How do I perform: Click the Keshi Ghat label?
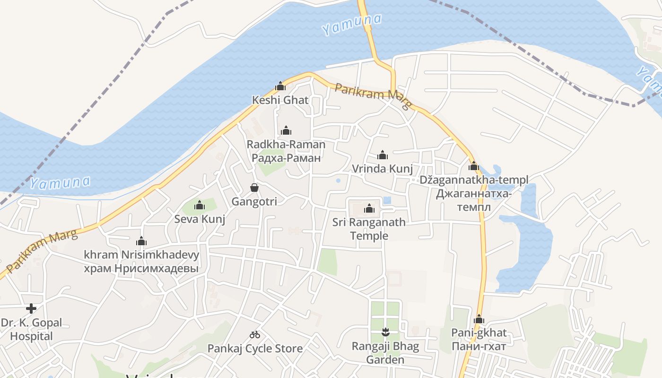tap(280, 100)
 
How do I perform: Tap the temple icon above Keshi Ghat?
tap(280, 86)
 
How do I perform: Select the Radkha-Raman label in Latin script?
tap(286, 145)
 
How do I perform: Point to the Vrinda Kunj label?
tap(383, 169)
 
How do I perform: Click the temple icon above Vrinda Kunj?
tap(383, 155)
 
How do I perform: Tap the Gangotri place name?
tap(254, 202)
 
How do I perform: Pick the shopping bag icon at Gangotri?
tap(254, 188)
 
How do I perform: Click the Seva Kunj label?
tap(200, 219)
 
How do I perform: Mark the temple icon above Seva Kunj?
tap(200, 205)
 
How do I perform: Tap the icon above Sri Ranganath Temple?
tap(369, 208)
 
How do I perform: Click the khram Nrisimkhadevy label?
tap(141, 255)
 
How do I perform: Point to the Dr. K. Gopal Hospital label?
tap(31, 330)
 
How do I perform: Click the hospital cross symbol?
tap(31, 309)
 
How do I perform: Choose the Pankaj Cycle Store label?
tap(255, 349)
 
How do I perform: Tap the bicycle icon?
tap(255, 335)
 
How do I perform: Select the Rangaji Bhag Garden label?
tap(385, 353)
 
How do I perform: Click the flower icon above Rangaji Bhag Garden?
tap(385, 332)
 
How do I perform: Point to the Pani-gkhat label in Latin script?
tap(479, 333)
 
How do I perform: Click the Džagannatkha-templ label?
tap(474, 180)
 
